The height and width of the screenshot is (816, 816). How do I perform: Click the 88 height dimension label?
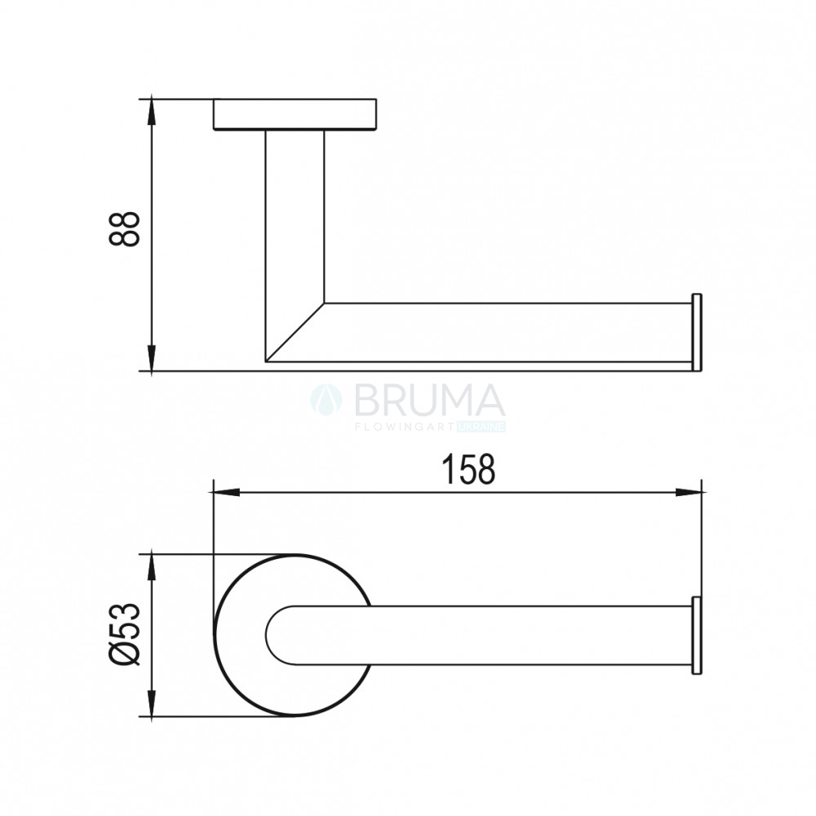tap(124, 228)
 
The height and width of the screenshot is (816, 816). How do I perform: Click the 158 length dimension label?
tap(468, 469)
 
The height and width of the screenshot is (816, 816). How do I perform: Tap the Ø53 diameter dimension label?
tap(125, 634)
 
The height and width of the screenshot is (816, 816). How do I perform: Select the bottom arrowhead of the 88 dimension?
tap(151, 358)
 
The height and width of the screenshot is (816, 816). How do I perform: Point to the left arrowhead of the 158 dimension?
tap(227, 492)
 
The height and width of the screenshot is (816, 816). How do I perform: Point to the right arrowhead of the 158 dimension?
tap(689, 492)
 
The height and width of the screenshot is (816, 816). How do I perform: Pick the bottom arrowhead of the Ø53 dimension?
tap(151, 703)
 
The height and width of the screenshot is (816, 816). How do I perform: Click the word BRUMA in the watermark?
tap(429, 401)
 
